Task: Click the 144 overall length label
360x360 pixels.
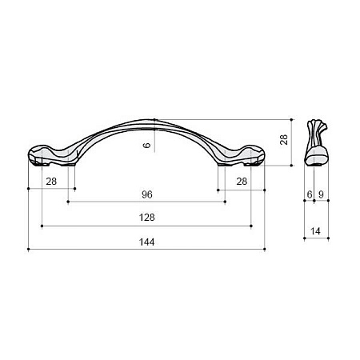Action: (146, 242)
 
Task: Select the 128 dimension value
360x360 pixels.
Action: (146, 218)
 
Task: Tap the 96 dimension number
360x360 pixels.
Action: (147, 194)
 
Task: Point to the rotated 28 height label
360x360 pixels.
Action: (284, 139)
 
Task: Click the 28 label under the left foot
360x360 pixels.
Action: (51, 182)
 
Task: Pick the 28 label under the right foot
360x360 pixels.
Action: (242, 182)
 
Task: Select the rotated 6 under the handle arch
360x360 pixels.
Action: (146, 146)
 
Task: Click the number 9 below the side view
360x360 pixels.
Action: (321, 194)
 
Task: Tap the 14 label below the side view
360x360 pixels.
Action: (315, 231)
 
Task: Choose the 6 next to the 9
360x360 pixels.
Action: (310, 194)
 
